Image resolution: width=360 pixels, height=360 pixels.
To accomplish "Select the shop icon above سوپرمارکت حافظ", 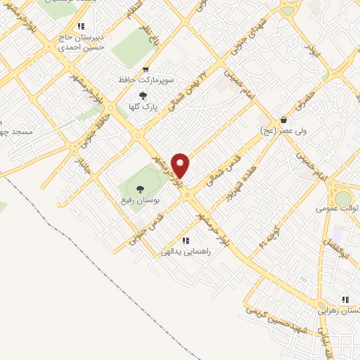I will click(x=146, y=69).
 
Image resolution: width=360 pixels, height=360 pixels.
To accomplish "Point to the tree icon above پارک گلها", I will click(x=143, y=96).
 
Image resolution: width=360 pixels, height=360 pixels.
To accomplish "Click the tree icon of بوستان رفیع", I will click(x=139, y=188).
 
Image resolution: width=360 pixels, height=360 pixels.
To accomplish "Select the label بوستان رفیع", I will click(x=141, y=200).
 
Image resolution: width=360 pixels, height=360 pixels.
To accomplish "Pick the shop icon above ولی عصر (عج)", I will click(x=283, y=120).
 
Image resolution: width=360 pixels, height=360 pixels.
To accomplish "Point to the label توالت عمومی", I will click(x=336, y=208).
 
